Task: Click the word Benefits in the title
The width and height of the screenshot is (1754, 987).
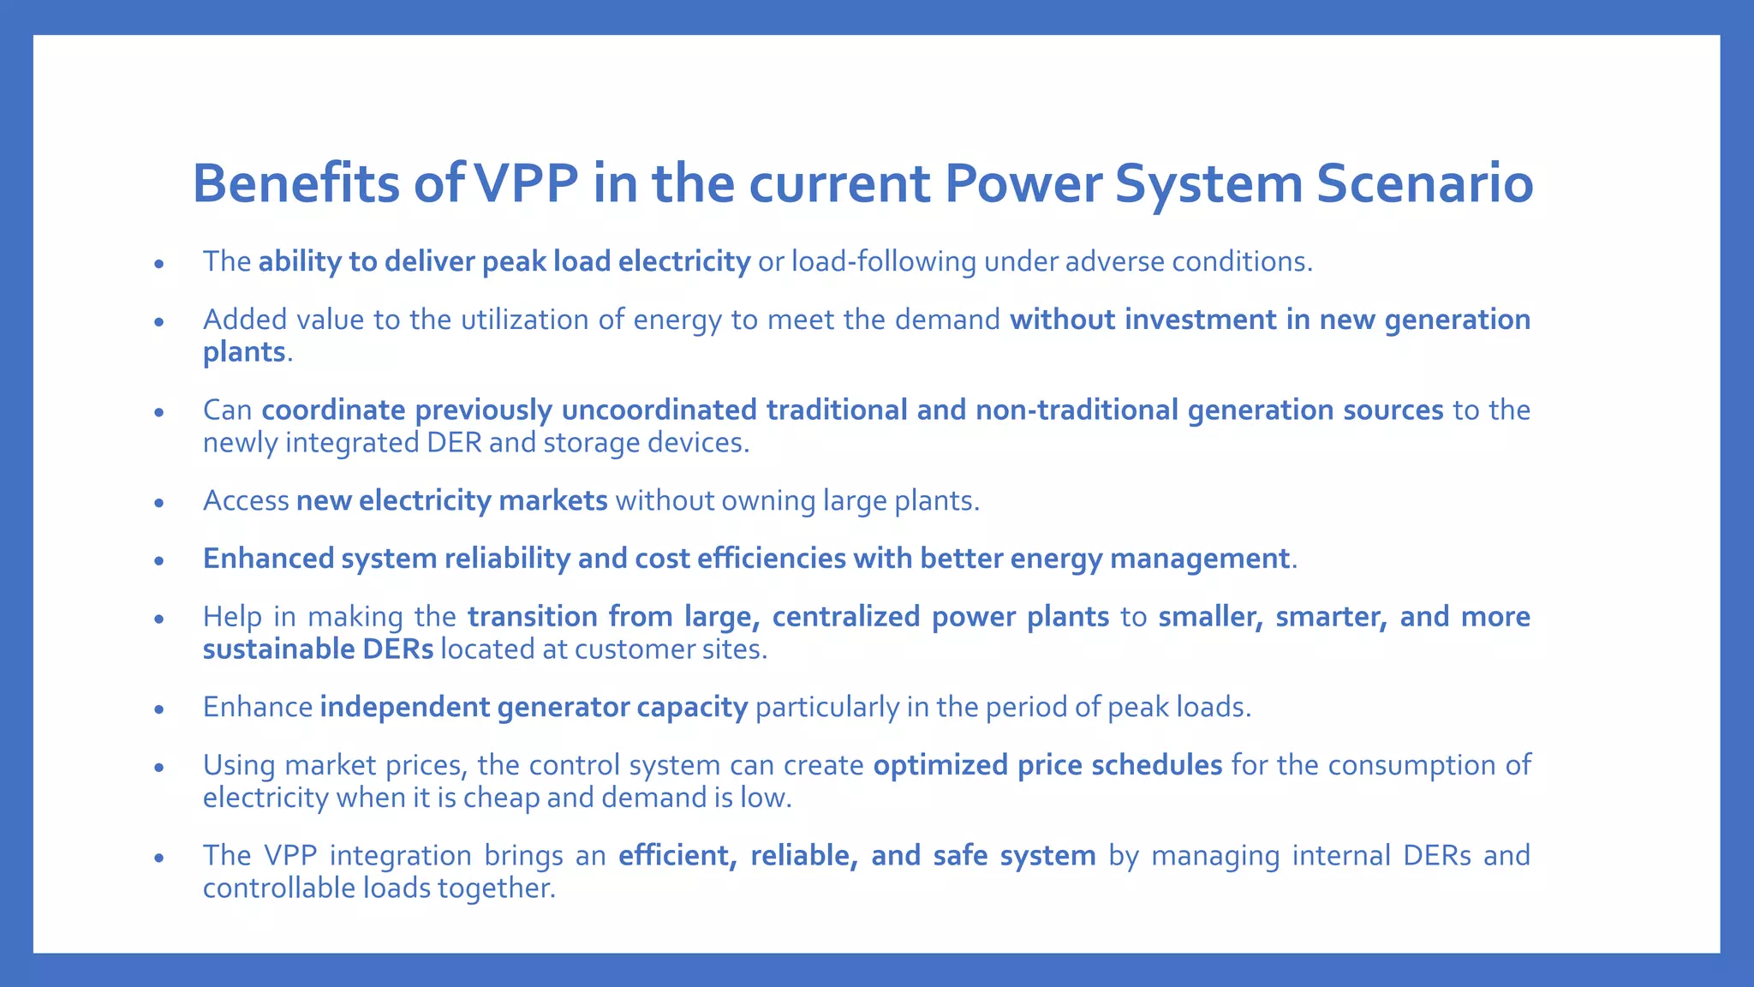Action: (x=296, y=183)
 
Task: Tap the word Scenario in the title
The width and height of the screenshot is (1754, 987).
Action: (x=1423, y=183)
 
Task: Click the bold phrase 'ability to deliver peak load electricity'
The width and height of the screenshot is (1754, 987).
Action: (x=504, y=261)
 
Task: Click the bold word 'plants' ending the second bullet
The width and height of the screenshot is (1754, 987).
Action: (x=243, y=352)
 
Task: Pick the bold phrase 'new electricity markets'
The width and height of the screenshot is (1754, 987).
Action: (x=451, y=500)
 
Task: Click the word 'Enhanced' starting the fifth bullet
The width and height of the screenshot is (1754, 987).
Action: (x=268, y=559)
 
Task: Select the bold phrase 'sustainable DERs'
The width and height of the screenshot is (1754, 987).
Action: (x=318, y=649)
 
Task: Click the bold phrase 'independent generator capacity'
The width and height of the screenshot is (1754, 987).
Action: (x=534, y=708)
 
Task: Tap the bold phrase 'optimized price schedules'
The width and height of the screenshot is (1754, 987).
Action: (x=1047, y=765)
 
